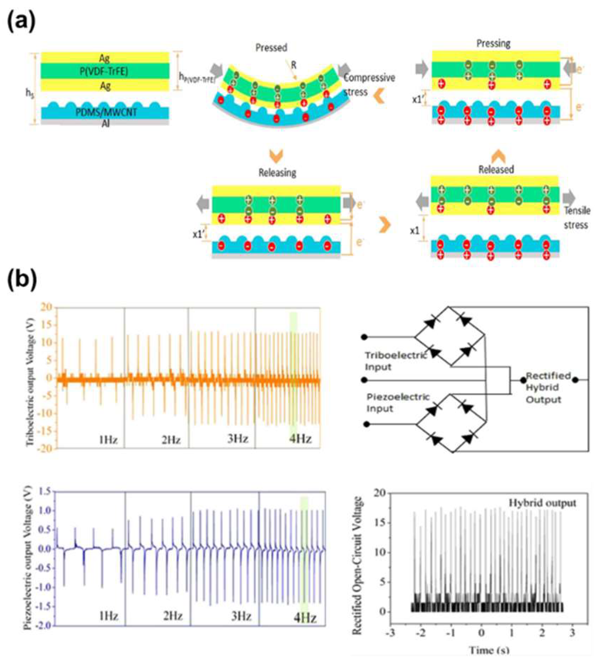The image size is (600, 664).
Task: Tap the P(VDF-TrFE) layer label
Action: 105,71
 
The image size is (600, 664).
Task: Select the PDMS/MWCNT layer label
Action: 105,112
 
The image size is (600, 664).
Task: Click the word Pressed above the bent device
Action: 271,48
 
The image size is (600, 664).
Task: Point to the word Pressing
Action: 494,44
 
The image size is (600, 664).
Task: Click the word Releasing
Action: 277,173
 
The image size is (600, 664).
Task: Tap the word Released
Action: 496,170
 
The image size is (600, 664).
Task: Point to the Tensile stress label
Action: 577,218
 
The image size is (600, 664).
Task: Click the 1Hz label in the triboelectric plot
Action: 108,440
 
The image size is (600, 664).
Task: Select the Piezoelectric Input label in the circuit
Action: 397,403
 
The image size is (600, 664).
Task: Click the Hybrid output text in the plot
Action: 542,503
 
